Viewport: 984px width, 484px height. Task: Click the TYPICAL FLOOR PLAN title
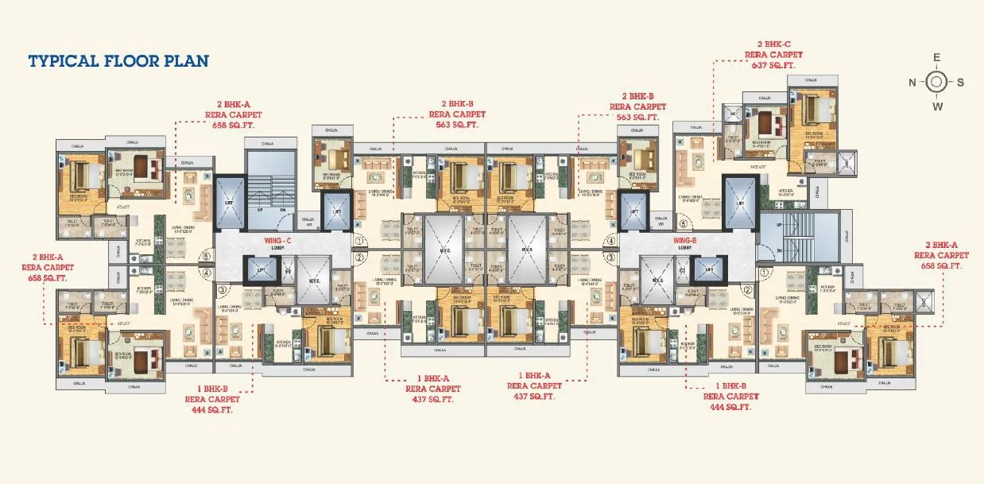(118, 61)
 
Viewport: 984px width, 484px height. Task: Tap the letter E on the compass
(936, 57)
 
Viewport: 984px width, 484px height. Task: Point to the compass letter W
(937, 106)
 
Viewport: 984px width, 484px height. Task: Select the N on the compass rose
(912, 82)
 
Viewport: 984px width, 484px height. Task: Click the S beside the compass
(960, 82)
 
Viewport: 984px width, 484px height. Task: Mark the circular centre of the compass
(936, 82)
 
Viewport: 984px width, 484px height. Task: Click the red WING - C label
(278, 238)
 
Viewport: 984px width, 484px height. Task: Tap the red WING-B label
(684, 238)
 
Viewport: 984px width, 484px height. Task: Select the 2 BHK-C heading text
(769, 45)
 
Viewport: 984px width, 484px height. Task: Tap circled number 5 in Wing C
(205, 256)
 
